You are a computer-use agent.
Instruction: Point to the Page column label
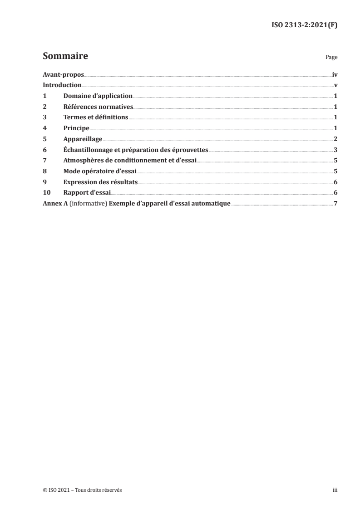pos(331,58)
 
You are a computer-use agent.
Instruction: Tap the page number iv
pos(335,74)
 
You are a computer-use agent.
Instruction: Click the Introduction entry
pos(62,85)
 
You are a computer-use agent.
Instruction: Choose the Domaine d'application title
pos(98,96)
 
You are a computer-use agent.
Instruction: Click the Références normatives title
pos(98,107)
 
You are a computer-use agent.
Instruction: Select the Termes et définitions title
pos(96,117)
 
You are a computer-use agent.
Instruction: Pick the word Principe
pos(76,128)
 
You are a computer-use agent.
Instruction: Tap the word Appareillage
pos(83,139)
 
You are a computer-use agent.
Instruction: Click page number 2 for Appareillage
pos(335,139)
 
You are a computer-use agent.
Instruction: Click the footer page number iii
pos(335,490)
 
